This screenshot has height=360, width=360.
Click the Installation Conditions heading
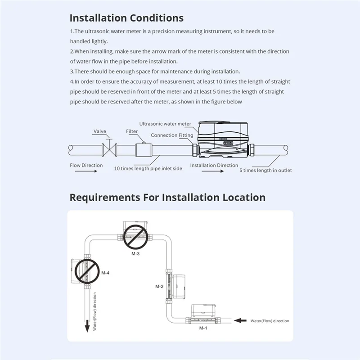(126, 18)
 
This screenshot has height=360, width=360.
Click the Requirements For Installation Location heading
(167, 198)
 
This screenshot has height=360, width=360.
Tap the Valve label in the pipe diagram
(99, 132)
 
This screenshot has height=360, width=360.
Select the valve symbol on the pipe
(109, 148)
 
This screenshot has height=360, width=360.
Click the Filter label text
(132, 131)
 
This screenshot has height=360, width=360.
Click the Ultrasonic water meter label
(165, 123)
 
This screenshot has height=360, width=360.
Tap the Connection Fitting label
(172, 135)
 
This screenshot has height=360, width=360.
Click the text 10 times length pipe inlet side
(148, 169)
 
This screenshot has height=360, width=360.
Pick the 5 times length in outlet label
(265, 170)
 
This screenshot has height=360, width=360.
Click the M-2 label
(159, 286)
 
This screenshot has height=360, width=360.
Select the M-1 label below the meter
(203, 328)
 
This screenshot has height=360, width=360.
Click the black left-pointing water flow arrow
(242, 320)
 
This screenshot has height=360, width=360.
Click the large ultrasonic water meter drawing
(223, 139)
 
